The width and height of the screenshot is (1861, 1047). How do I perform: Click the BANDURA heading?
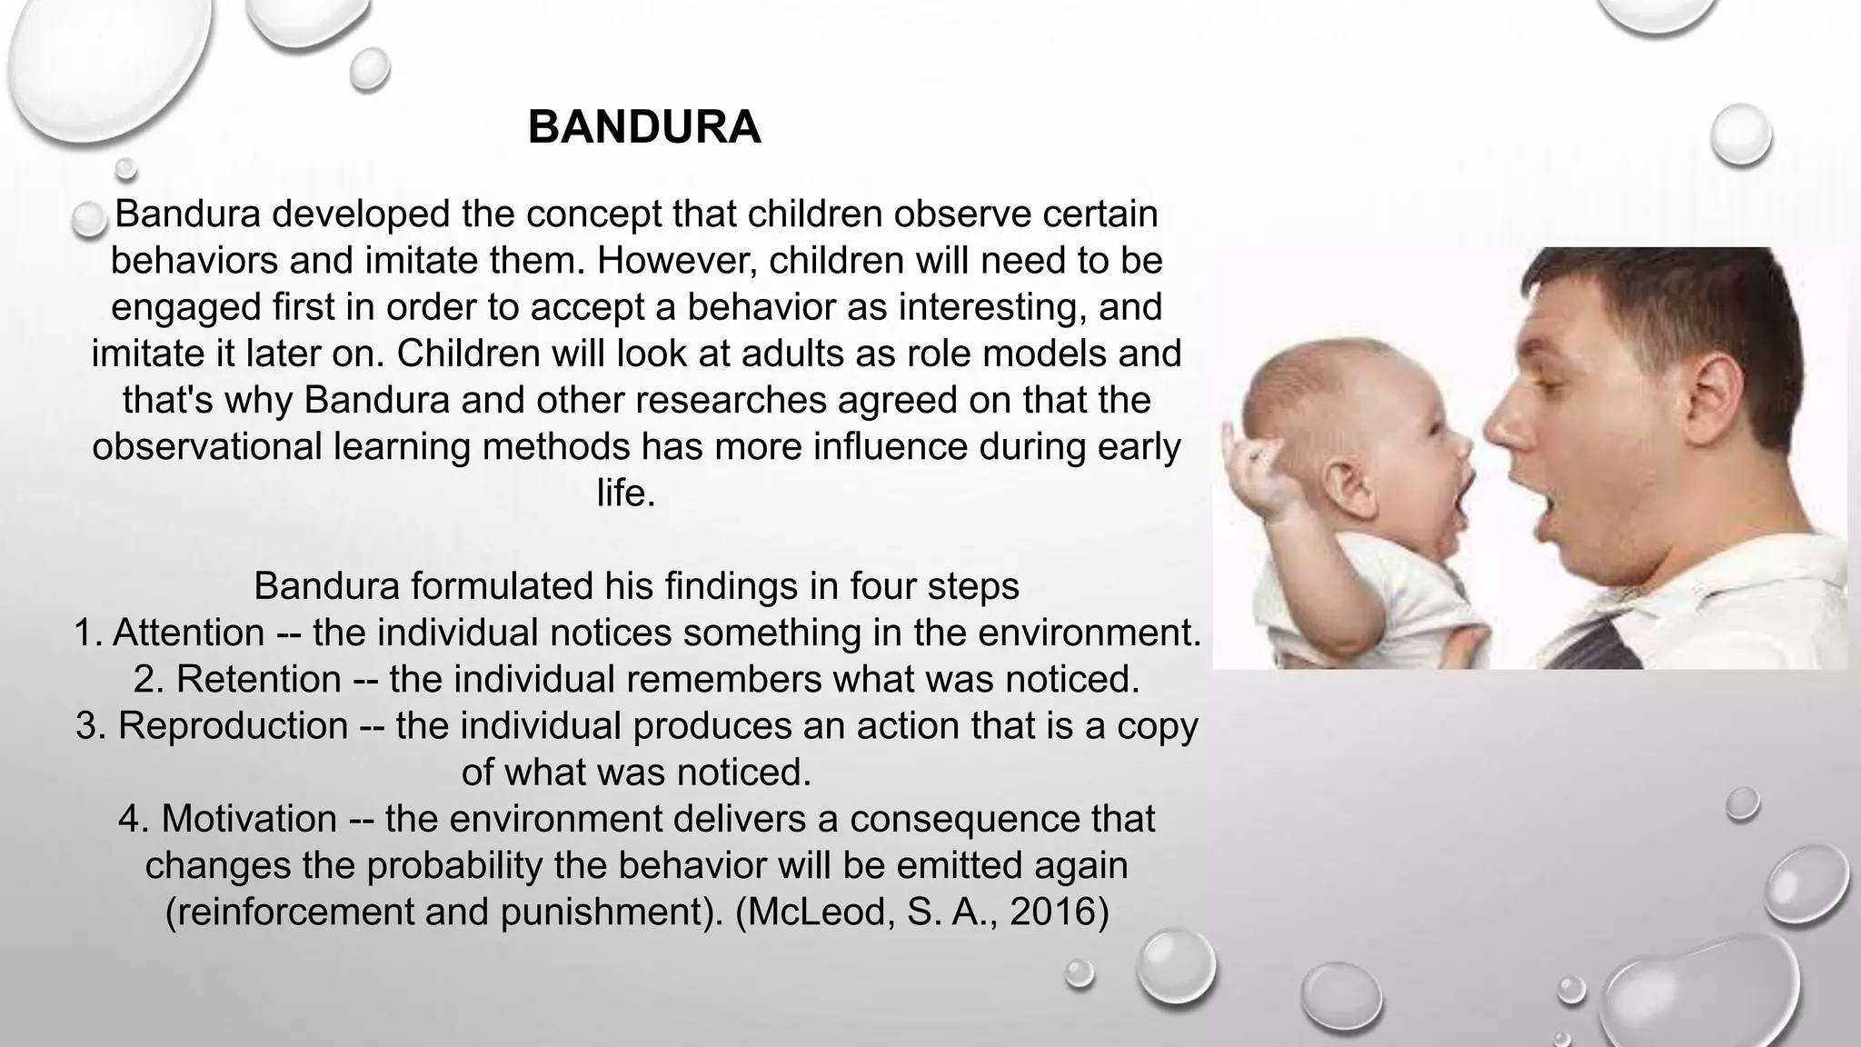pos(644,127)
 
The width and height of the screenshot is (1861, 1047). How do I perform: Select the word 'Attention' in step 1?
pos(188,633)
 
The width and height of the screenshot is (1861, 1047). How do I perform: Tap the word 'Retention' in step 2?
pos(259,679)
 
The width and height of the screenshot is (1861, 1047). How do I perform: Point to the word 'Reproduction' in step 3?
pos(233,725)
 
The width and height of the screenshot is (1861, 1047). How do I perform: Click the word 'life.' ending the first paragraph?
pos(626,494)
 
